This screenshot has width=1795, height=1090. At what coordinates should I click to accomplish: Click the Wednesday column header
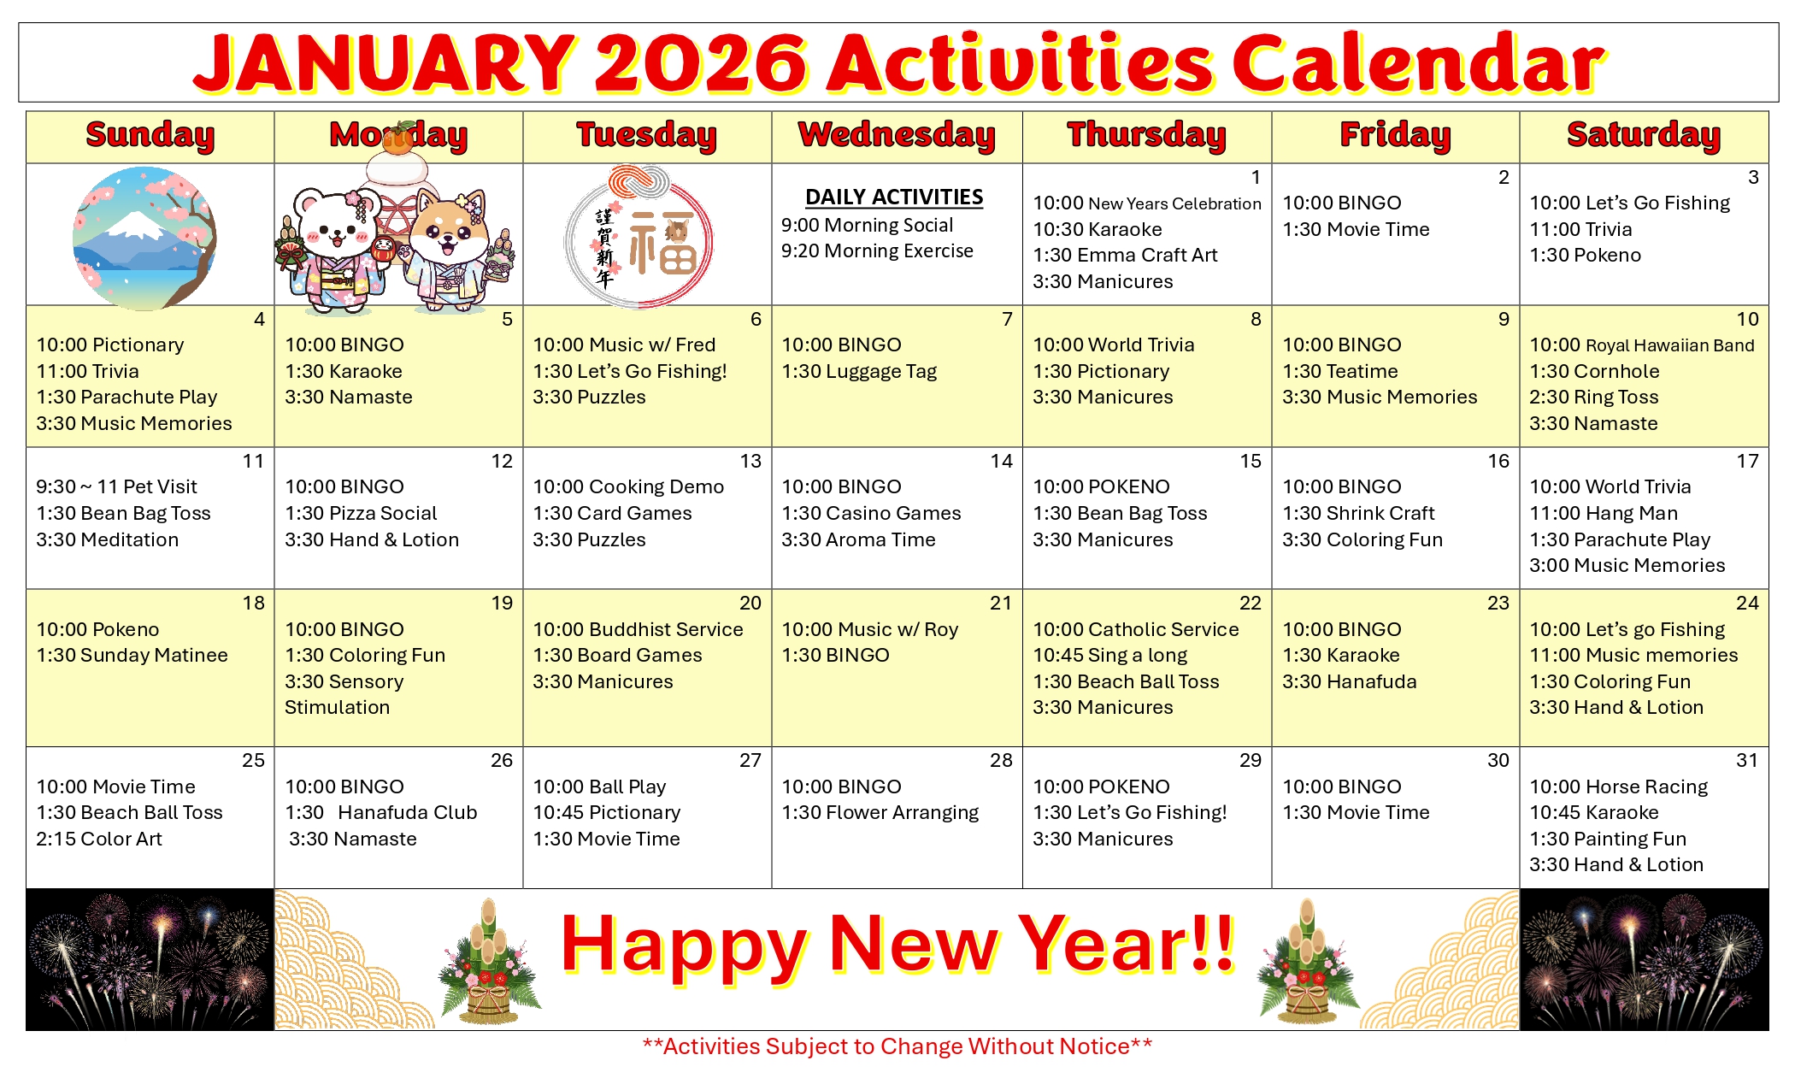point(897,136)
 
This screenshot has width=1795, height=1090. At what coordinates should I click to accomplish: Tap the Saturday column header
point(1644,136)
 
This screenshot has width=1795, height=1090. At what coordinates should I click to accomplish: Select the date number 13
point(750,462)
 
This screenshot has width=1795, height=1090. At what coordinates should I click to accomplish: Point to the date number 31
point(1747,761)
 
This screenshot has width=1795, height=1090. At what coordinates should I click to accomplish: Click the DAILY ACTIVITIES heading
point(894,197)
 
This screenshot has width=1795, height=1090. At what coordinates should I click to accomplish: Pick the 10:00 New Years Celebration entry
point(1147,203)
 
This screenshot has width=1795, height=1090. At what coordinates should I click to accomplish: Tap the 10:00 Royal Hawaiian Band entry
point(1641,345)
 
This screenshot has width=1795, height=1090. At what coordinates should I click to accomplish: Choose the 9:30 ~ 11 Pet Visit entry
point(116,487)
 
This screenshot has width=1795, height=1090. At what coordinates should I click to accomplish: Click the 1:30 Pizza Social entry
point(361,514)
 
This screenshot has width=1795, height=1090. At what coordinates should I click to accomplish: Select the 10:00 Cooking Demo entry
point(628,487)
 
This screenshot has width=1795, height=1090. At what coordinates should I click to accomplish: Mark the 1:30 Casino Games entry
point(871,514)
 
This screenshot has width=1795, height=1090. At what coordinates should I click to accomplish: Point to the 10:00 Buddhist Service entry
point(638,630)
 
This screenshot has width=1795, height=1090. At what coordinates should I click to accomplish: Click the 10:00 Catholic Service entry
point(1136,630)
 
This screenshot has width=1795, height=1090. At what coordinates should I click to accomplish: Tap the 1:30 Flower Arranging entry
point(880,813)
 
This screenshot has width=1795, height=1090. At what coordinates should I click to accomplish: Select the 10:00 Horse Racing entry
point(1619,787)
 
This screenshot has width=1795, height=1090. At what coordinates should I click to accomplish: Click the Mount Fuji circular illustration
point(144,238)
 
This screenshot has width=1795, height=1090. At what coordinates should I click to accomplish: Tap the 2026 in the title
point(701,64)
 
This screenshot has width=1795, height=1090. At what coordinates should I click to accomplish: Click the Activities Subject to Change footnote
point(897,1046)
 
